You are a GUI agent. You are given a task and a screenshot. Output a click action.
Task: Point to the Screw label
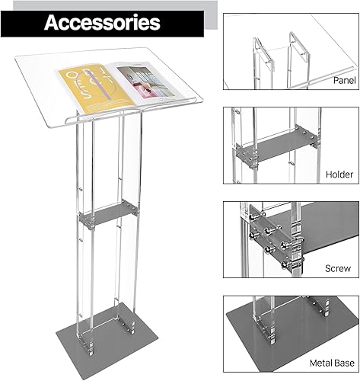click(339, 269)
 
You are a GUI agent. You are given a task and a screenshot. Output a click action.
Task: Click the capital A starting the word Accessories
click(51, 21)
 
